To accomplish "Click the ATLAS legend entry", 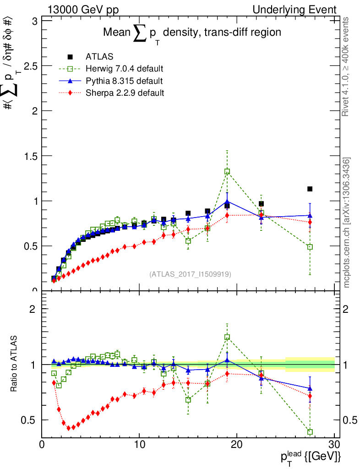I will (x=99, y=57).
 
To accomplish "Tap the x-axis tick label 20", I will (x=237, y=444).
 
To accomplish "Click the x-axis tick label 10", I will (x=139, y=444).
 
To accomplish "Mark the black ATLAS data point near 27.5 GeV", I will (x=310, y=189).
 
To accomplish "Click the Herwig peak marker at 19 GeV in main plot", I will (x=227, y=172).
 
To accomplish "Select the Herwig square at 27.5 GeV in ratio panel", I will (x=310, y=432).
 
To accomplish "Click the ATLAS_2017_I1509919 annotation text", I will (x=190, y=274).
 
